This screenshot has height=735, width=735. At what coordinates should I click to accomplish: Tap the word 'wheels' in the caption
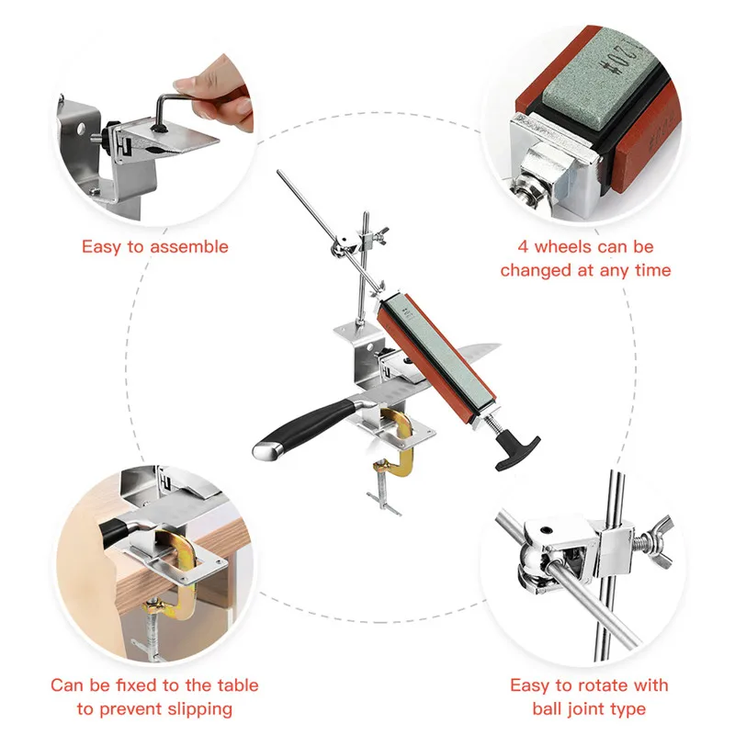(575, 246)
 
